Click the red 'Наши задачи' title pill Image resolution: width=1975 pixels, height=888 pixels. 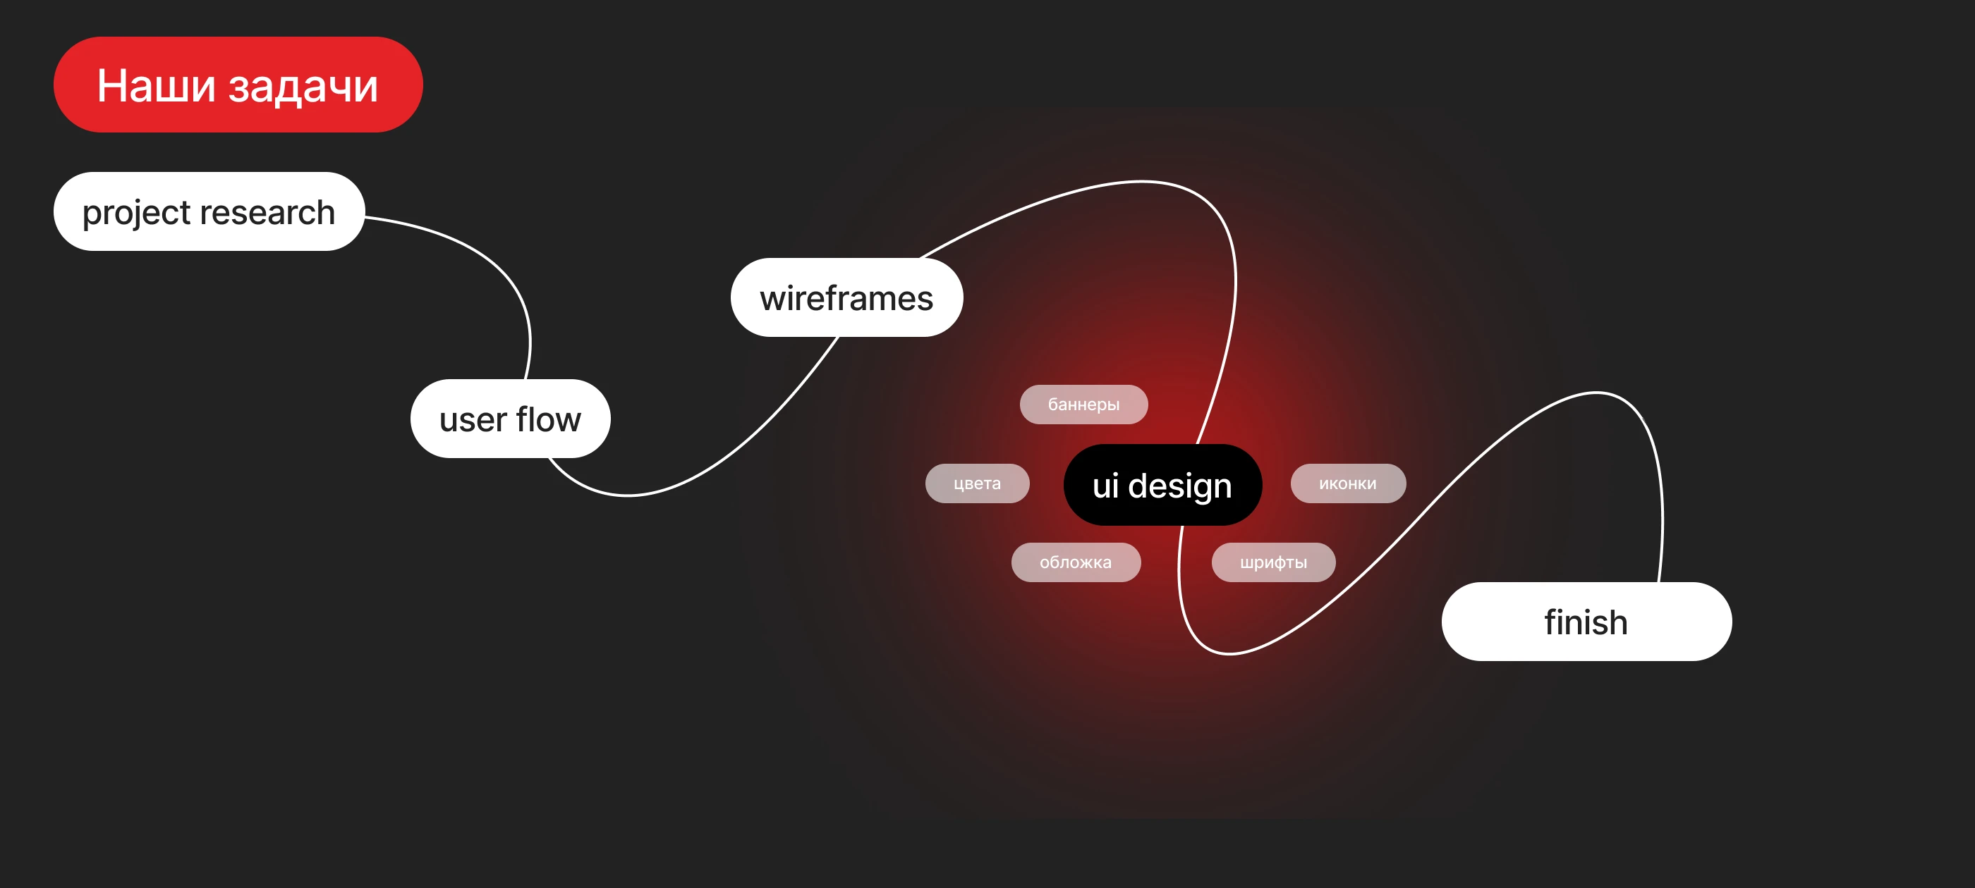tap(238, 85)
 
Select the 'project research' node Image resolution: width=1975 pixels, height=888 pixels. tap(209, 211)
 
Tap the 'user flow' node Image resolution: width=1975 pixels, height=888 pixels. tap(510, 419)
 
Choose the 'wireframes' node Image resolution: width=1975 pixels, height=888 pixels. tap(846, 297)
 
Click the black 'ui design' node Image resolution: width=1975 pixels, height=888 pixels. tap(1162, 485)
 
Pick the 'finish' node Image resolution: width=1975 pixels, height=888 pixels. tap(1586, 622)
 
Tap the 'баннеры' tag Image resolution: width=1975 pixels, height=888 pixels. tap(1083, 404)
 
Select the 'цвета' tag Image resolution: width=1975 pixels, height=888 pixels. tap(977, 483)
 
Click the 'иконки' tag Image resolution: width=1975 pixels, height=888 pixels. tap(1347, 483)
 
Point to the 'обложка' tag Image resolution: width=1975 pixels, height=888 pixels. tap(1075, 562)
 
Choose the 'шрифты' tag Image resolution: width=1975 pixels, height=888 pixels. tap(1272, 562)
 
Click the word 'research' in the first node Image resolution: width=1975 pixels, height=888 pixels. tap(267, 212)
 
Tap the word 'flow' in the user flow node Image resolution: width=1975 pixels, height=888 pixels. tap(548, 419)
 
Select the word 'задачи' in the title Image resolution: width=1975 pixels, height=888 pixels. tap(303, 86)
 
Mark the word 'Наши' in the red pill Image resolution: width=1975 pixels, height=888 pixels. tap(156, 85)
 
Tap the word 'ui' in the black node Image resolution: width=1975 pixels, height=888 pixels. tap(1105, 485)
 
